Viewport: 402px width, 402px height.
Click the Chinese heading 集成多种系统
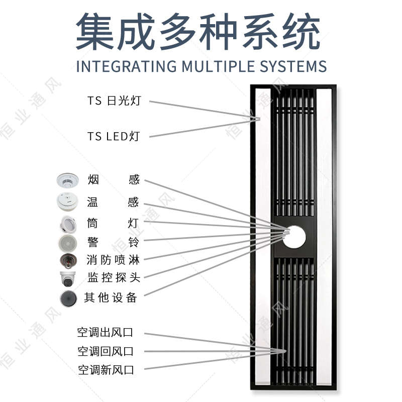198,31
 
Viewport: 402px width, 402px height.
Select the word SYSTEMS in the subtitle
293,66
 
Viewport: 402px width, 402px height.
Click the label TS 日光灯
114,100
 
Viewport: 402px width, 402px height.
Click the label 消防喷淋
113,260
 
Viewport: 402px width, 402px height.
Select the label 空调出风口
106,333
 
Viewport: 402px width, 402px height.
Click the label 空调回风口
106,351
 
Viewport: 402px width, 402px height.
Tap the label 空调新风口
106,370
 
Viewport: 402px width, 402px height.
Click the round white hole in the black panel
294,236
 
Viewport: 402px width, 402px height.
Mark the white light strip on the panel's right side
325,236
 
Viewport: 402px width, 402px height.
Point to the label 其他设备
111,297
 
